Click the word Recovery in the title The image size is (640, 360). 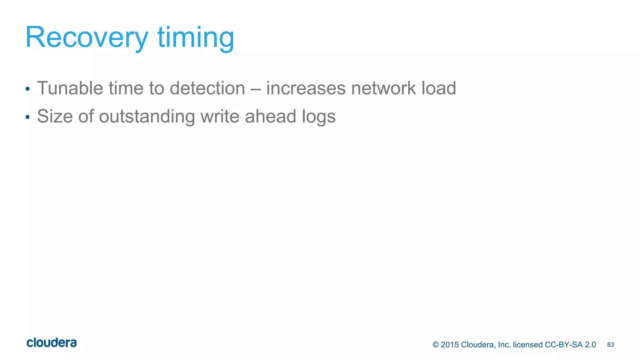(87, 37)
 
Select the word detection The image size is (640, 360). (207, 88)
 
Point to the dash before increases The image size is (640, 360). (256, 89)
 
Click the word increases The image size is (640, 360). (306, 88)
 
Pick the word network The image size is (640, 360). (383, 88)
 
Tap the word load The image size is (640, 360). (439, 88)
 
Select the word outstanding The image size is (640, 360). (147, 117)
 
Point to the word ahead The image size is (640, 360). (271, 116)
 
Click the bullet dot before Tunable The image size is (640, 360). (27, 89)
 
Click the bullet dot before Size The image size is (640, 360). (27, 117)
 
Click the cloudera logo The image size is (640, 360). (52, 343)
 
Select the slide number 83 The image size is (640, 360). (610, 345)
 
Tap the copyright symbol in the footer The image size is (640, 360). (436, 345)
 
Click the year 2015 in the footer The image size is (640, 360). (450, 345)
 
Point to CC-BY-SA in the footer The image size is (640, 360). (564, 345)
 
